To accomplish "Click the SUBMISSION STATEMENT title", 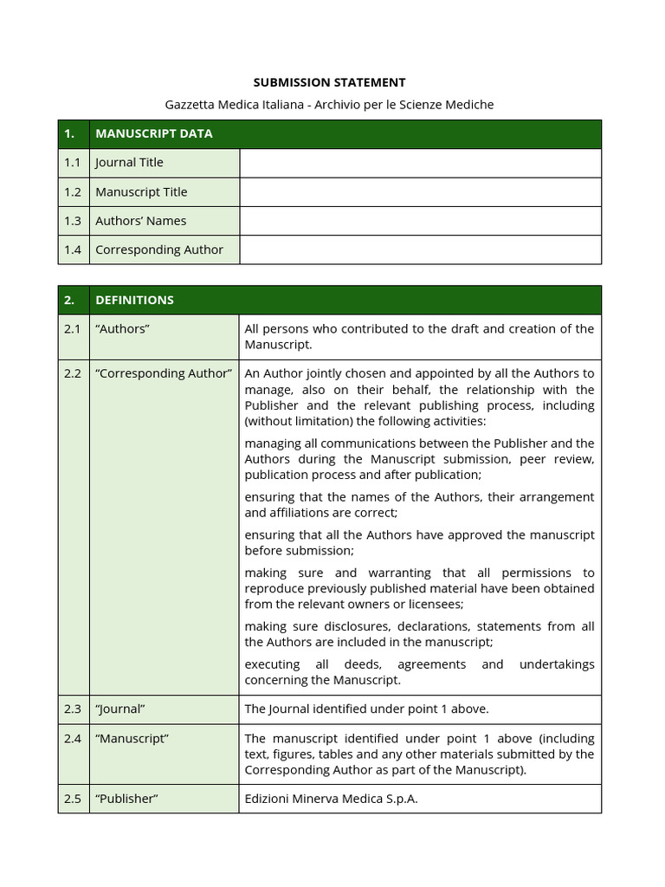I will [x=329, y=82].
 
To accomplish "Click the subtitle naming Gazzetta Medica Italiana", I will [x=329, y=105].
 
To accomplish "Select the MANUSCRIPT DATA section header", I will [x=153, y=133].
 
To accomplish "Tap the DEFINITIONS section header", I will [x=134, y=300].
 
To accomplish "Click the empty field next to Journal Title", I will [x=420, y=163].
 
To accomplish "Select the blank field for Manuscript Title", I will [x=420, y=192].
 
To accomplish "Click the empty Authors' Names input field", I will [x=420, y=221].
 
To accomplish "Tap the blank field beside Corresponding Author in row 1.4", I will [x=420, y=249].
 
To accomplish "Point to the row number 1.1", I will [x=72, y=163].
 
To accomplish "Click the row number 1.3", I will [x=72, y=221].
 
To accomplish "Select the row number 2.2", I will [x=72, y=373].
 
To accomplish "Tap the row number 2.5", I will [x=72, y=799].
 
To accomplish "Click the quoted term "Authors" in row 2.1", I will [x=122, y=328].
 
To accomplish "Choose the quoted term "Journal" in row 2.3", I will [x=119, y=709].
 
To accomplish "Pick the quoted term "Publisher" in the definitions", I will [x=126, y=799].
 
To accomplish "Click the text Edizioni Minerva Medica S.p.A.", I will [x=331, y=799].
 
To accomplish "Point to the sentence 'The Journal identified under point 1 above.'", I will [x=366, y=709].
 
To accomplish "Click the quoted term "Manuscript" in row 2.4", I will [x=132, y=738].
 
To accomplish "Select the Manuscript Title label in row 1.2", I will [x=141, y=192].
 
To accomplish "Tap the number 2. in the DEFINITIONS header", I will [x=69, y=300].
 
